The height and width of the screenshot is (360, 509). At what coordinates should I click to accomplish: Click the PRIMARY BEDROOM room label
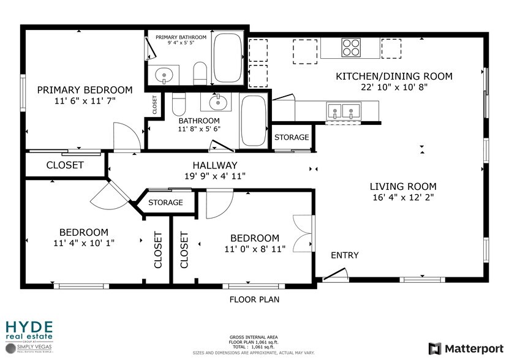click(x=85, y=90)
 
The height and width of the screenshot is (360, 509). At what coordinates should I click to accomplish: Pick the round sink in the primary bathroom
click(x=164, y=76)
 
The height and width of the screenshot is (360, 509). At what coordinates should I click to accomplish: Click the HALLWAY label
click(x=214, y=165)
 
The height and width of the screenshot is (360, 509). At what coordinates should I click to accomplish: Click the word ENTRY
click(x=345, y=255)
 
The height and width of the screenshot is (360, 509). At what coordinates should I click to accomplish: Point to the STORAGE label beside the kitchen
click(x=291, y=137)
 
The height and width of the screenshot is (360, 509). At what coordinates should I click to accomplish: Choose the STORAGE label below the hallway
click(x=165, y=202)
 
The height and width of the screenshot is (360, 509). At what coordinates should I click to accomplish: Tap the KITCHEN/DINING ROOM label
click(x=394, y=77)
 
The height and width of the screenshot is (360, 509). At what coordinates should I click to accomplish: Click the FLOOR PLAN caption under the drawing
click(x=254, y=299)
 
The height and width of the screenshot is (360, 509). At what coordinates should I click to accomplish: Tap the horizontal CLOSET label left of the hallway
click(x=65, y=165)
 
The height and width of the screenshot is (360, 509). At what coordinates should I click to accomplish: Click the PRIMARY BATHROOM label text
click(x=181, y=37)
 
